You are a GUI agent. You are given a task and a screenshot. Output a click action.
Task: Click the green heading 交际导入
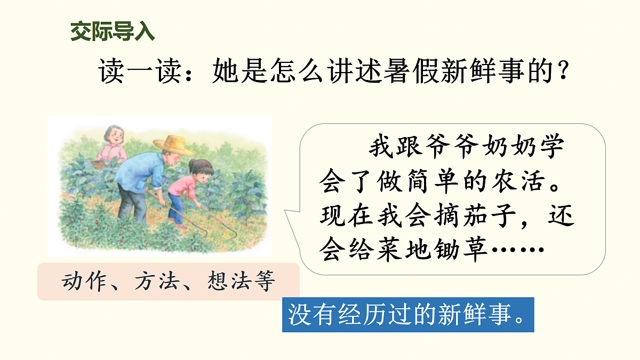(113, 32)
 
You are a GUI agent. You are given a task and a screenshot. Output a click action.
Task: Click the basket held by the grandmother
(99, 164)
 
